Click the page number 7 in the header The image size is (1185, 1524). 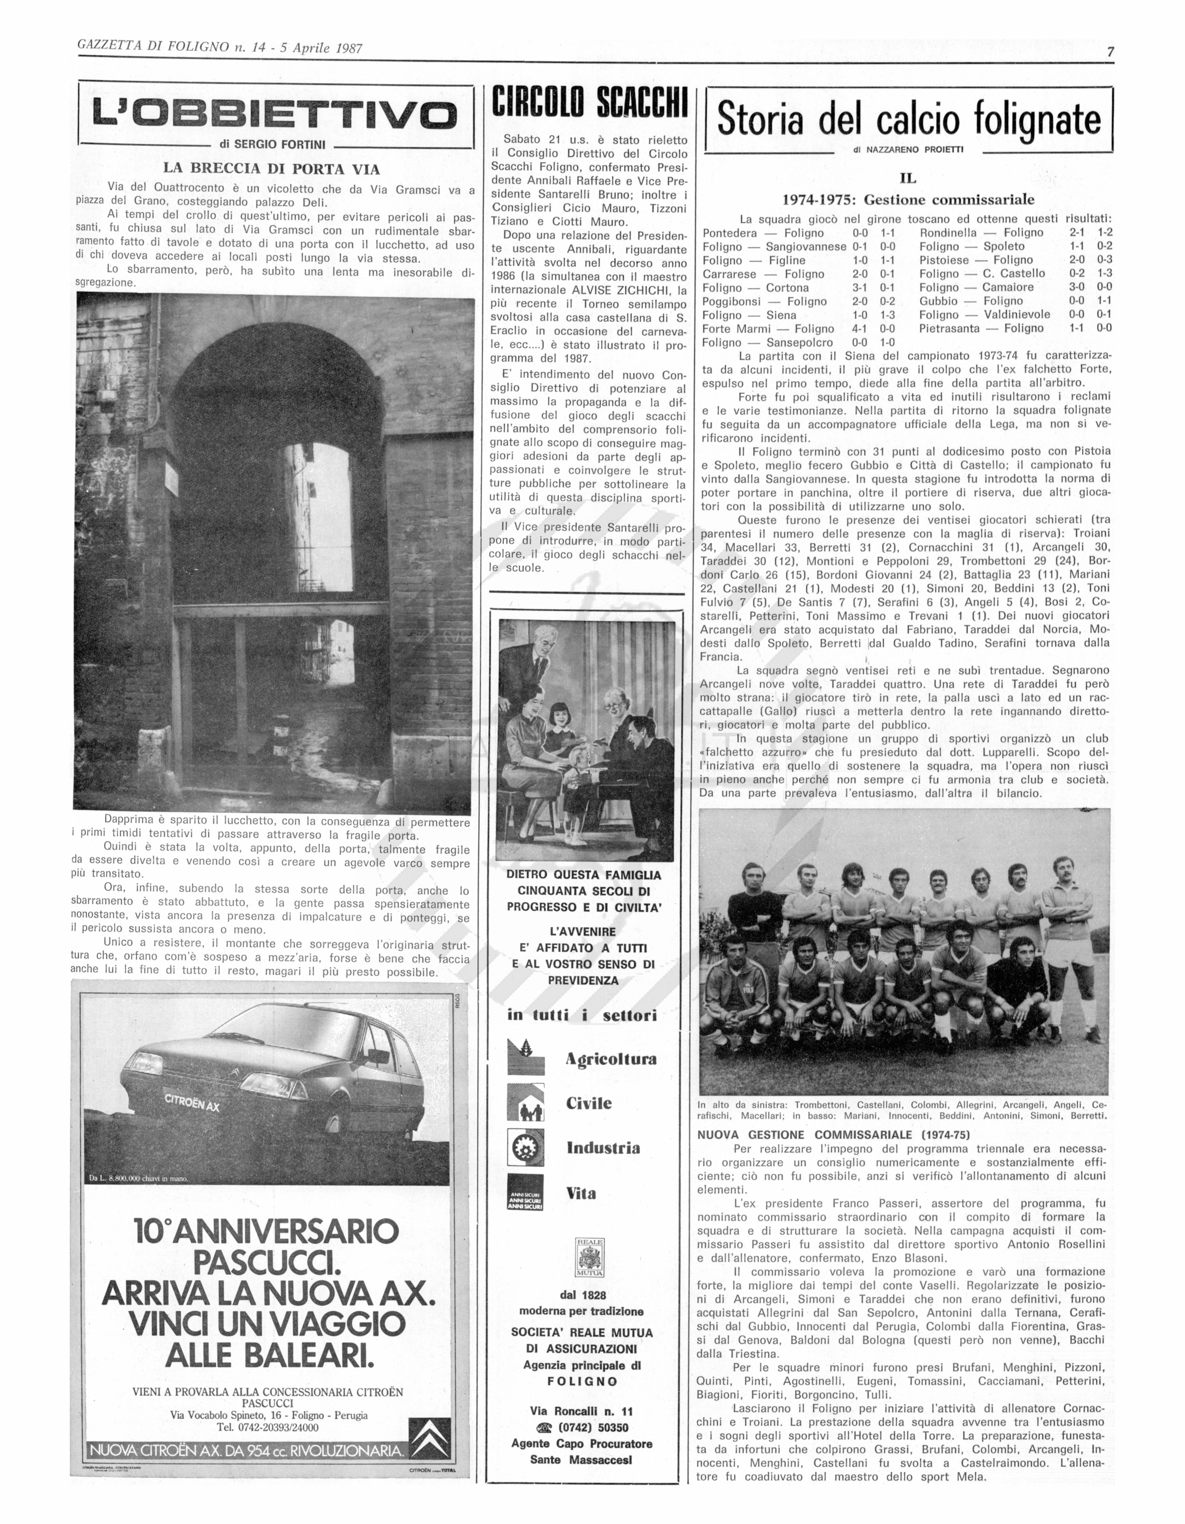(x=1109, y=52)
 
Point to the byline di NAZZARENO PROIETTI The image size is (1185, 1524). (x=908, y=149)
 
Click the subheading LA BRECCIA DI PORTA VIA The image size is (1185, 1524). (x=272, y=168)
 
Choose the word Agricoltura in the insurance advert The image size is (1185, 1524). (x=611, y=1059)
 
